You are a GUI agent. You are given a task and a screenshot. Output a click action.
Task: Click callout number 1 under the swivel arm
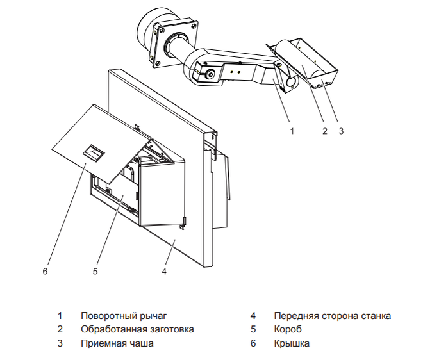(292, 131)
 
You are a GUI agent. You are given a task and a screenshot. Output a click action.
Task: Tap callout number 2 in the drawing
(325, 131)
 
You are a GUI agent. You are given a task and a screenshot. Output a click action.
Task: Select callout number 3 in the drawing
(341, 131)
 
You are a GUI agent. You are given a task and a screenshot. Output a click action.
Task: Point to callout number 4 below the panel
(164, 271)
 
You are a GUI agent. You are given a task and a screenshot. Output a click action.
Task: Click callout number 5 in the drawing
(95, 271)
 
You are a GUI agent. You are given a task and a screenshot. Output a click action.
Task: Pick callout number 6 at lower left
(45, 271)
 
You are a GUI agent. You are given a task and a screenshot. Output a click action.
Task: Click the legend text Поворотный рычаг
(123, 316)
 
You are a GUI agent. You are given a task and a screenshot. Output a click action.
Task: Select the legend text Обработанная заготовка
(137, 329)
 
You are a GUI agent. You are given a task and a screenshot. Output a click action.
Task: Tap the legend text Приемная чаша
(117, 343)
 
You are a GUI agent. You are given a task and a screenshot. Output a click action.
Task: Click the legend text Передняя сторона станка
(332, 316)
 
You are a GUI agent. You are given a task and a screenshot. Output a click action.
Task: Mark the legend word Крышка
(292, 343)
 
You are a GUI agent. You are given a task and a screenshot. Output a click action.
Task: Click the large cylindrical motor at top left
(149, 29)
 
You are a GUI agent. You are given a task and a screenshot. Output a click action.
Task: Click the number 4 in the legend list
(253, 316)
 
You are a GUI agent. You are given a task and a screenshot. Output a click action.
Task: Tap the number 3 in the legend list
(60, 343)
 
